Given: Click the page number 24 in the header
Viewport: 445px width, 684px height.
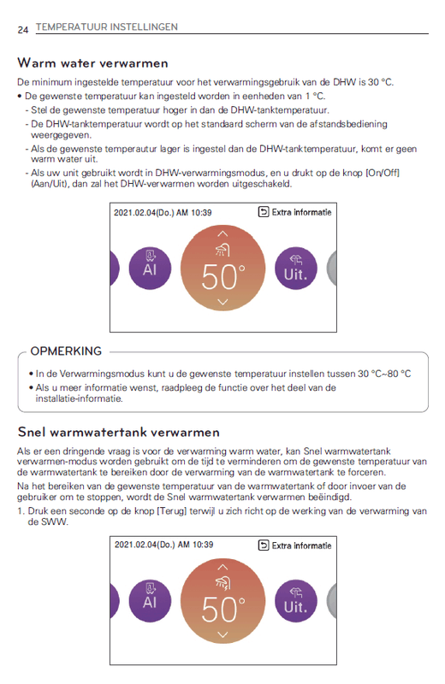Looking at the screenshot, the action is point(22,28).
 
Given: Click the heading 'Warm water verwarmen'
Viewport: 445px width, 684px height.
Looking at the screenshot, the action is point(92,63).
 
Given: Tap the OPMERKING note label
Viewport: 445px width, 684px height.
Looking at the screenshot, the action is point(66,351).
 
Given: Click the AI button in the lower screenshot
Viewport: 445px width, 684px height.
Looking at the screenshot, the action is point(150,600).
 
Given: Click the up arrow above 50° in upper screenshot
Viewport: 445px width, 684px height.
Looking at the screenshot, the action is point(222,233).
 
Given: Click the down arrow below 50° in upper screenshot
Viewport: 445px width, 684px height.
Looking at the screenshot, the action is point(222,303).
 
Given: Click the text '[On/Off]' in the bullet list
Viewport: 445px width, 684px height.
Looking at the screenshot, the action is point(382,174).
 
